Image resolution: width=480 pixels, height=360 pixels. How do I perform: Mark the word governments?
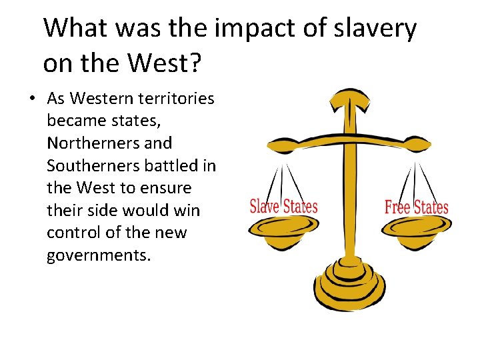tap(99, 255)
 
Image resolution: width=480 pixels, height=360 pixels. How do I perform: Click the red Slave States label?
tap(283, 206)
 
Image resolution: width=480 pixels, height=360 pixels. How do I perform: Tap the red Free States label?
tap(416, 207)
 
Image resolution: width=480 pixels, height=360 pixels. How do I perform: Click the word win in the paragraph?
tap(187, 211)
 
